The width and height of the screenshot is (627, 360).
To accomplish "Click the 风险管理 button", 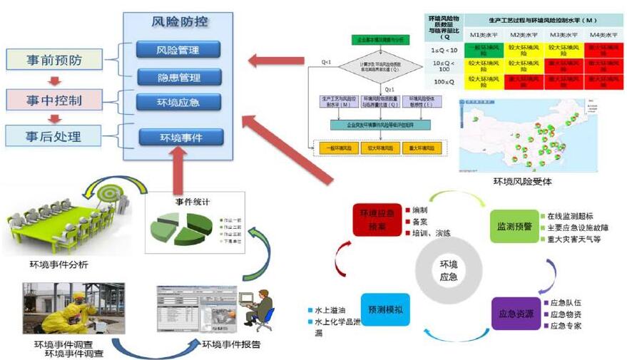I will coord(178,50).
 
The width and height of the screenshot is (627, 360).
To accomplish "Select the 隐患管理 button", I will coord(178,77).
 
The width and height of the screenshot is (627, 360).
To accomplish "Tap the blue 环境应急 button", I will coord(178,102).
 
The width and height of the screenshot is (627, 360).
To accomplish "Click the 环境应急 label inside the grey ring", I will coord(448,270).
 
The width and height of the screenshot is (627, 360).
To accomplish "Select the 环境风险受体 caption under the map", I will coord(522,182).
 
